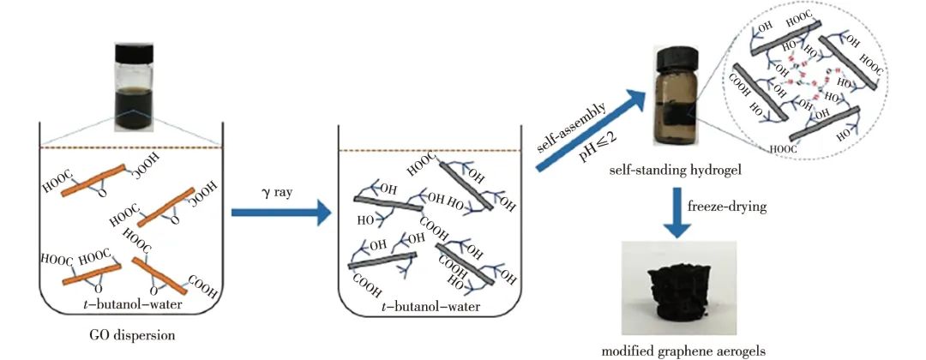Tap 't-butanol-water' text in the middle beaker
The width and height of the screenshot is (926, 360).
pos(426,306)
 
